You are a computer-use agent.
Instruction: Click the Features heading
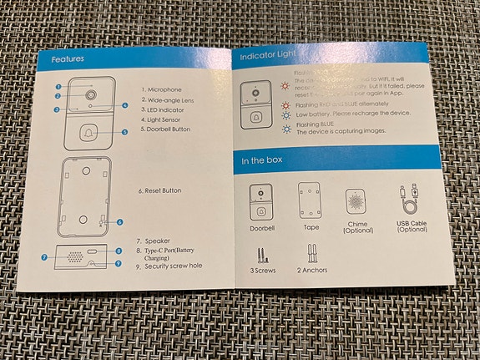(68, 60)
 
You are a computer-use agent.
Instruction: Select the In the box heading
(265, 160)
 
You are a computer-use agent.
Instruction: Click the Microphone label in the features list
(162, 89)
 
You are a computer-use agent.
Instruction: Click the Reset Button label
(160, 190)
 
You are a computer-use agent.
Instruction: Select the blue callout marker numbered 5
(124, 132)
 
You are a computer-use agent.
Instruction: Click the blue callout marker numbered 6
(119, 222)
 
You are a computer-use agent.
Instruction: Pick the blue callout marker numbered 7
(44, 257)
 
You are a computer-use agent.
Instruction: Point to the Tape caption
(311, 227)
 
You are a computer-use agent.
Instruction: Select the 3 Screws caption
(264, 270)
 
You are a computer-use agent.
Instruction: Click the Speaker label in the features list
(158, 241)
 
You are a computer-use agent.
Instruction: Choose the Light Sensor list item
(164, 119)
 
